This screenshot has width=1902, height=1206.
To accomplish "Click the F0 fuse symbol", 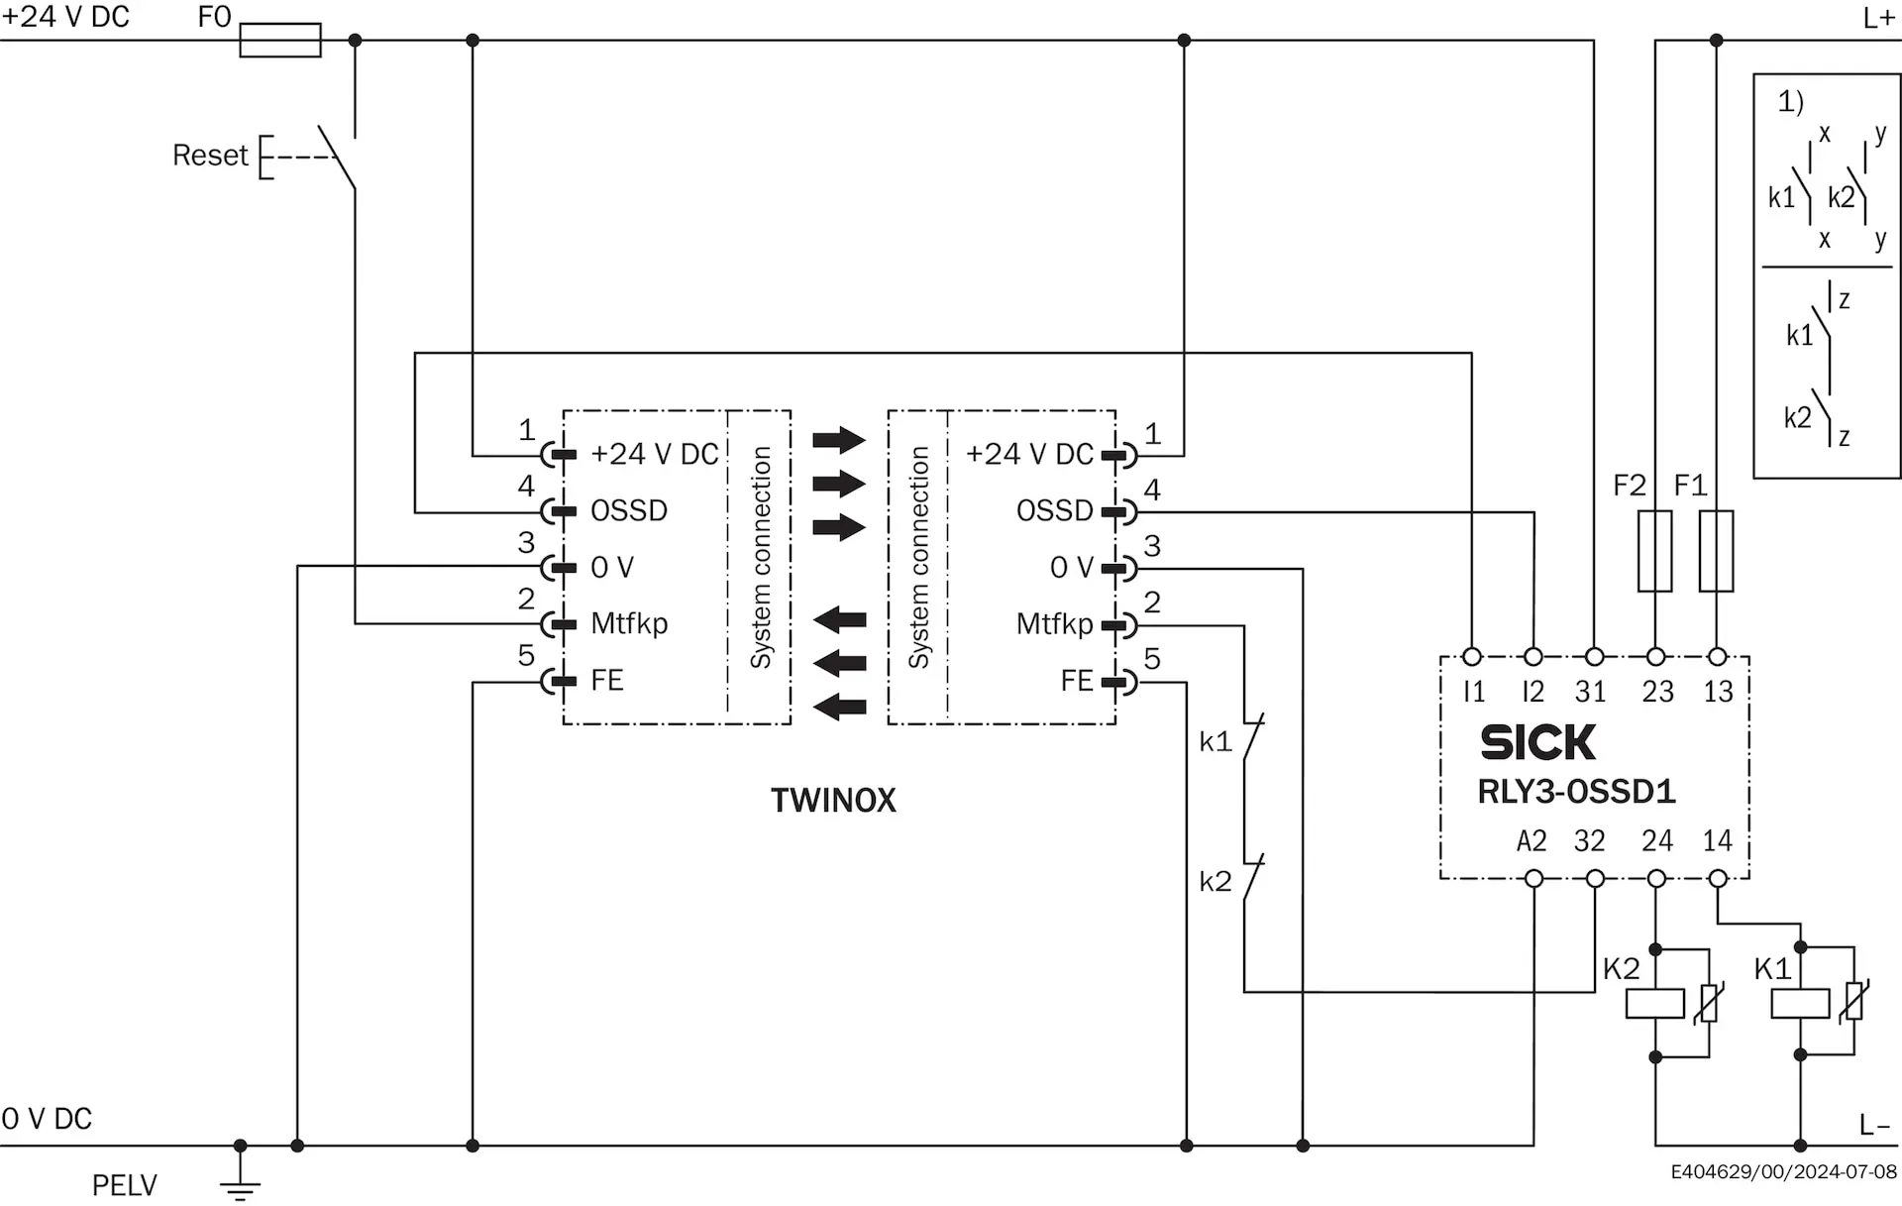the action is click(280, 41).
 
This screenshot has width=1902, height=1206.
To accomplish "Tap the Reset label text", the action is click(209, 156).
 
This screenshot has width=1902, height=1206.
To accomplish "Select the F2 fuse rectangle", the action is click(1654, 551).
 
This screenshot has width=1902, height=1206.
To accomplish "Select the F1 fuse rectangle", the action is click(1716, 551).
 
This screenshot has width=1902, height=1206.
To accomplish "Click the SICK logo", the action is click(1537, 742).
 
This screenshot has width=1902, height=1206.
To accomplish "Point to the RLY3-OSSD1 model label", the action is click(1576, 792).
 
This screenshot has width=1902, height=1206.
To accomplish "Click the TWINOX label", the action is click(833, 801).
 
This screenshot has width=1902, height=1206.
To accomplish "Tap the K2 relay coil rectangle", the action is click(1655, 1004).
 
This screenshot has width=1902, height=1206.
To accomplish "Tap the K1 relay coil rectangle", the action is click(1800, 1004).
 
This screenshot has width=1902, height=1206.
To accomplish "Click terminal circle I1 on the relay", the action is click(1472, 657).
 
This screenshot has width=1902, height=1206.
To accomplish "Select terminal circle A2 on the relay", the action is click(1533, 878).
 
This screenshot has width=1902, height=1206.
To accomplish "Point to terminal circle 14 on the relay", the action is click(1718, 878).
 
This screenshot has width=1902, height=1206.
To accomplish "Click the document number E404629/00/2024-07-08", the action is click(1784, 1172).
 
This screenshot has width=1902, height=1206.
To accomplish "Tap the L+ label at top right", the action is click(1879, 18).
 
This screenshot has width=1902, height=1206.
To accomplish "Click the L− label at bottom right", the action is click(1875, 1125).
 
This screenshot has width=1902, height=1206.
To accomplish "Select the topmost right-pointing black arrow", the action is click(839, 440).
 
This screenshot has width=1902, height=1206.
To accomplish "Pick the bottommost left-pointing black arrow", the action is click(839, 707).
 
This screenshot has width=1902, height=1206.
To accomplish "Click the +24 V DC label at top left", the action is click(65, 17).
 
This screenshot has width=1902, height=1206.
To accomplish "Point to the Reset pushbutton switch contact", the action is click(337, 157).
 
